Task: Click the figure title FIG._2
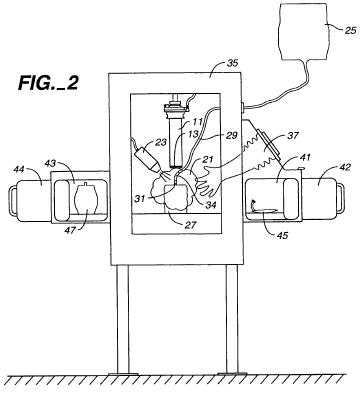point(48,83)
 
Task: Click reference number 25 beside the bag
point(350,31)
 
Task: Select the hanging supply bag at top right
point(303,32)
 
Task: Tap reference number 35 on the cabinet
point(232,63)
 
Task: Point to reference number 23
point(161,143)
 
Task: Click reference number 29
point(231,135)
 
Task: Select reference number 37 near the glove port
point(292,136)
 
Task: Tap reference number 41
point(305,157)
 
